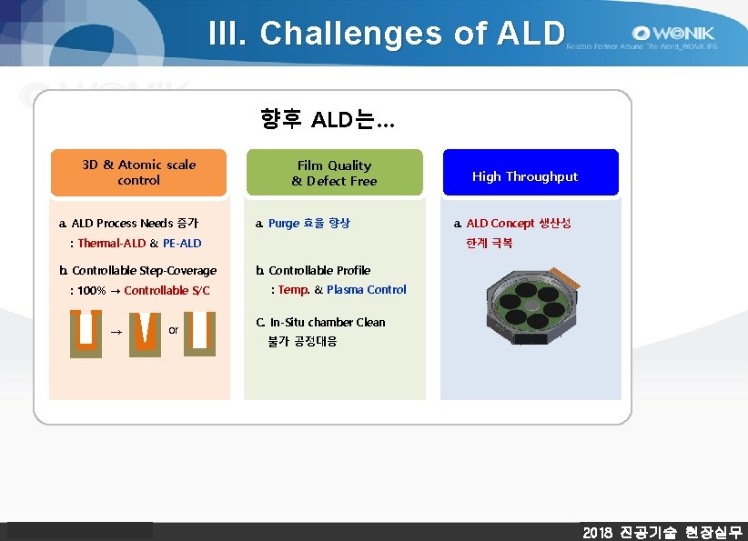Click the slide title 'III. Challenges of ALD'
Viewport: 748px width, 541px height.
(387, 33)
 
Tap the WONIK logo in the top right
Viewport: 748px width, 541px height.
(669, 33)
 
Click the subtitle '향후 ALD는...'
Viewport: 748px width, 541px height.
(327, 119)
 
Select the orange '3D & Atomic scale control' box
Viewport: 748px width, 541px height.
(138, 173)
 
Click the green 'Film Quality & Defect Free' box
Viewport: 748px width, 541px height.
(334, 173)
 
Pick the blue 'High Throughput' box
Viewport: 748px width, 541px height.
(531, 173)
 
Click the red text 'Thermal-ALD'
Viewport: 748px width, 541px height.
(112, 243)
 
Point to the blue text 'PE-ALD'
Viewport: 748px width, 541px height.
(182, 243)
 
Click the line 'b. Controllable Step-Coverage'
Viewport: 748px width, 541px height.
(137, 270)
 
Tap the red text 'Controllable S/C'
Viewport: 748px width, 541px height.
(167, 290)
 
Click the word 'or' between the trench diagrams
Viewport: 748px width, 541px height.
(173, 329)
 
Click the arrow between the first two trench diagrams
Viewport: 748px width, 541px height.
(116, 332)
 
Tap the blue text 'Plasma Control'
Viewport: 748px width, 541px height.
(367, 289)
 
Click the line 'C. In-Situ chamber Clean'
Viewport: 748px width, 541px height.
(320, 322)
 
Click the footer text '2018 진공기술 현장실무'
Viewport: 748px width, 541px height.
(662, 532)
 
